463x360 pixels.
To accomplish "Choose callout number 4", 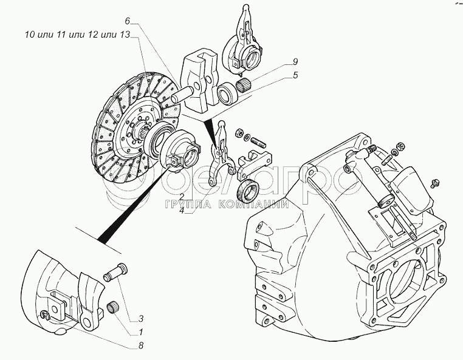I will click(182, 211).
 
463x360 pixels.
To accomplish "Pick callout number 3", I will click(140, 319).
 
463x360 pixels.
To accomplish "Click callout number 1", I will click(140, 332).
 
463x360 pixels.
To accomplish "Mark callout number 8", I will click(140, 346).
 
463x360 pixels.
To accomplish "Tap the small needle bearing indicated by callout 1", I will click(112, 307).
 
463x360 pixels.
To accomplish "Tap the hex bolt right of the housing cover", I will click(434, 182).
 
